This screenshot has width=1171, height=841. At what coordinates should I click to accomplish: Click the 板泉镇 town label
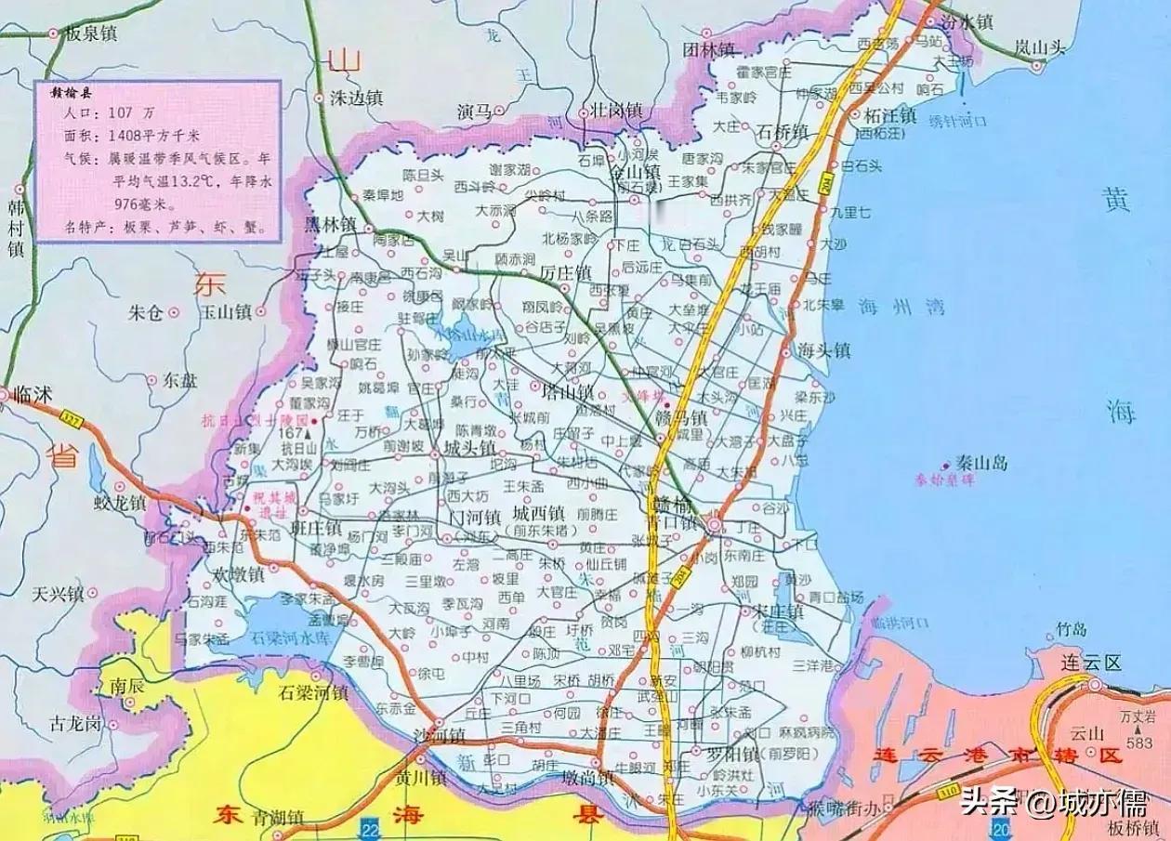coord(91,33)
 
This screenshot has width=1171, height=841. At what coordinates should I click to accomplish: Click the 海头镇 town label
coord(824,351)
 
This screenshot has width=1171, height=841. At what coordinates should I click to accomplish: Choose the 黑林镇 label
coord(330,224)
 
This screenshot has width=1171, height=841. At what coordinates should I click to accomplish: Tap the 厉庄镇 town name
coord(566,274)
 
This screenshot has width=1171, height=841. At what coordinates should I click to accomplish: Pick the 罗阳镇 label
coord(732,752)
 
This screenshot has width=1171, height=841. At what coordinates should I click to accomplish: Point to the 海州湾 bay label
coord(894,306)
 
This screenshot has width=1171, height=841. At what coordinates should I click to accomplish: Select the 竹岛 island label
coord(1072,631)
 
